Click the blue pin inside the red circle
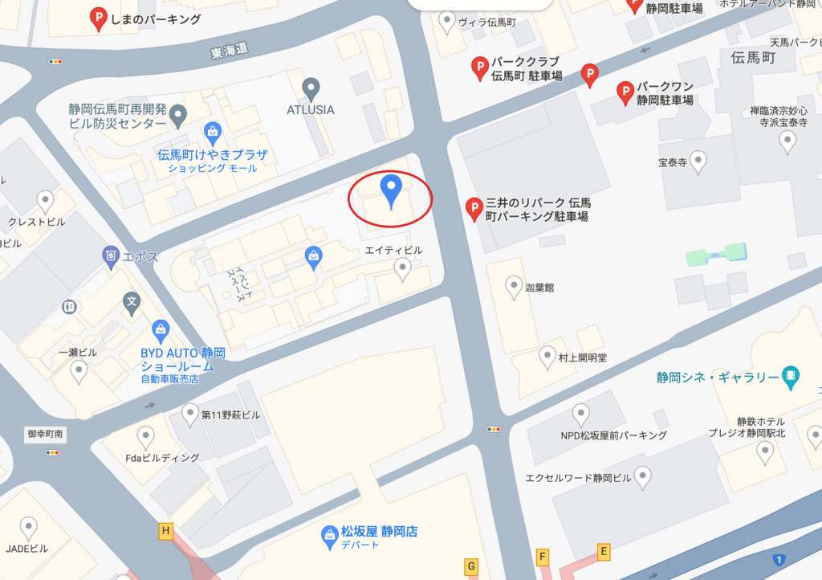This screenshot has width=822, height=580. click(x=391, y=190)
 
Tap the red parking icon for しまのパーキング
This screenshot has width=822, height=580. click(x=99, y=19)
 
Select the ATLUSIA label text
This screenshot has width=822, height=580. click(x=311, y=109)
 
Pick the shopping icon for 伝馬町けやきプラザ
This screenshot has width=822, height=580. click(x=213, y=132)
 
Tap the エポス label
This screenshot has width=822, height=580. click(x=141, y=257)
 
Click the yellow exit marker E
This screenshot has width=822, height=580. click(x=604, y=551)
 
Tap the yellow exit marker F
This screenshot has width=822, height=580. click(x=543, y=557)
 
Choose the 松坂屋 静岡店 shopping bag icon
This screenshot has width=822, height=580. click(x=329, y=536)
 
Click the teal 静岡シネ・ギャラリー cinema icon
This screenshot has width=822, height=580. click(x=791, y=375)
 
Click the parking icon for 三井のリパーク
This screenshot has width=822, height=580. click(x=474, y=210)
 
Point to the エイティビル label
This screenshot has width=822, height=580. click(x=393, y=251)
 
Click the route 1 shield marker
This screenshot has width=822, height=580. click(x=777, y=559)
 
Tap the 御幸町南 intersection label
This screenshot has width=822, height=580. click(x=45, y=434)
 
